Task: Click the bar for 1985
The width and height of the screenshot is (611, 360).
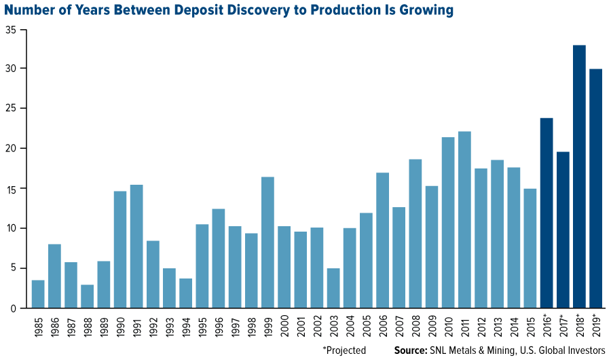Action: (x=38, y=294)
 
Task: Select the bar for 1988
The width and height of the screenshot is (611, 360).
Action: (x=88, y=296)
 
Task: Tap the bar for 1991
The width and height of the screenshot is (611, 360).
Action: (x=136, y=247)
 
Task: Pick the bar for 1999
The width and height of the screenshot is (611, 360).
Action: (x=267, y=242)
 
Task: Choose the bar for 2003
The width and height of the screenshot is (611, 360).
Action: (x=333, y=288)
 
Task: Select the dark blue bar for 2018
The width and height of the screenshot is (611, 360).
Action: (x=579, y=177)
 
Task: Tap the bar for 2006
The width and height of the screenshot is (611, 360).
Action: (x=382, y=240)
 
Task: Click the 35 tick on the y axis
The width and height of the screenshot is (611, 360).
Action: (x=12, y=29)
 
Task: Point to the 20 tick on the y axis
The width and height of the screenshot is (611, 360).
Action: (x=12, y=149)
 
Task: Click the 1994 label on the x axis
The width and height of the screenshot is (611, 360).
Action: (x=185, y=327)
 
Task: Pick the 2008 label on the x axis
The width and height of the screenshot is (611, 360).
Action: (x=415, y=327)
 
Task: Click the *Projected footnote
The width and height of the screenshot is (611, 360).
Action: (x=344, y=350)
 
